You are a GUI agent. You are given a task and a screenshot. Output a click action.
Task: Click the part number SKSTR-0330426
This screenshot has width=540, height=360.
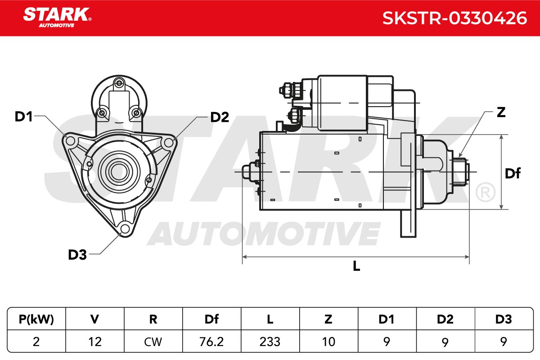pyautogui.click(x=454, y=18)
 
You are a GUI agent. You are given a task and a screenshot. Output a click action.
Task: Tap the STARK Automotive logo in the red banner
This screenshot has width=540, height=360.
pyautogui.click(x=57, y=18)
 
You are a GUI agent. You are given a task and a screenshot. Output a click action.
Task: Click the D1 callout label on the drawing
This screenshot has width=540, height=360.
pyautogui.click(x=23, y=117)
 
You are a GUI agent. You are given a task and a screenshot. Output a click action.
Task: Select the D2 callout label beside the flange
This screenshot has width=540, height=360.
pyautogui.click(x=220, y=117)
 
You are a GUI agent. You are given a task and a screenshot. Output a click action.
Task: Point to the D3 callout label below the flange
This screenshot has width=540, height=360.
pyautogui.click(x=77, y=255)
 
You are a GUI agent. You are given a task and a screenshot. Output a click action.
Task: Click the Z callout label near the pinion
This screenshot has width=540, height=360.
pyautogui.click(x=501, y=112)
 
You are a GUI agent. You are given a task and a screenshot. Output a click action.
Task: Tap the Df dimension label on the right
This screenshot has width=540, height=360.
pyautogui.click(x=513, y=173)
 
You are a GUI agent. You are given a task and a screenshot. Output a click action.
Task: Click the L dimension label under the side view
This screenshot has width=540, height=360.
pyautogui.click(x=356, y=266)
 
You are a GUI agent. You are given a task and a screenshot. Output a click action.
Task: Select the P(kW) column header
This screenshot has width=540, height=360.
pyautogui.click(x=36, y=319)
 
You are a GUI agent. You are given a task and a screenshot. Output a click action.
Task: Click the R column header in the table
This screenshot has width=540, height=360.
pyautogui.click(x=153, y=319)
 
